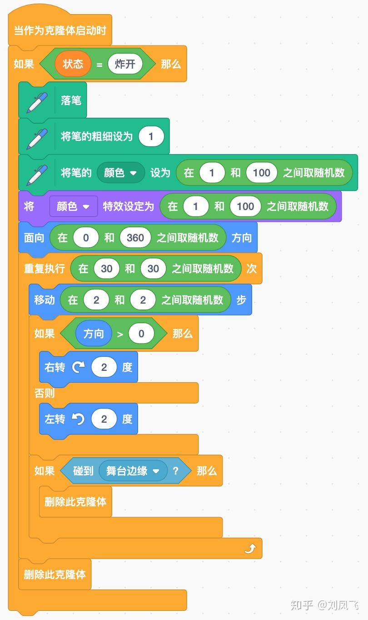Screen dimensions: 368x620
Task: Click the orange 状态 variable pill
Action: (73, 64)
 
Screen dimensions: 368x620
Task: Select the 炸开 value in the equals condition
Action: (125, 64)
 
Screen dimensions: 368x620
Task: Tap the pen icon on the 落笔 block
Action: (37, 100)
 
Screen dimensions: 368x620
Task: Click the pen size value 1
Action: (151, 136)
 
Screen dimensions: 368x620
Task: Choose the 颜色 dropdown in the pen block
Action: (120, 173)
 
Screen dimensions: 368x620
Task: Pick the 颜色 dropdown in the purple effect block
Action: (73, 206)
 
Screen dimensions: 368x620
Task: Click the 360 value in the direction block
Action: (135, 238)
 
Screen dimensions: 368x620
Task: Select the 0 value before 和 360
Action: (85, 238)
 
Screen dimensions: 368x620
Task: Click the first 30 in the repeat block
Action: (106, 269)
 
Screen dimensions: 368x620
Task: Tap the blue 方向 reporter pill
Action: (94, 334)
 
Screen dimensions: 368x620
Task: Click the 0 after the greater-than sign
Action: (141, 334)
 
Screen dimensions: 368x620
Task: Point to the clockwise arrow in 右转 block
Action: (78, 367)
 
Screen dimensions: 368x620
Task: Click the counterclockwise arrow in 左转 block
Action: (78, 419)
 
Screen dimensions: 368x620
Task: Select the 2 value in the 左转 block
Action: (104, 419)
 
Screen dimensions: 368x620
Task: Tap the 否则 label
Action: (45, 393)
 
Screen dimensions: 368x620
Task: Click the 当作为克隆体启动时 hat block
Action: (60, 31)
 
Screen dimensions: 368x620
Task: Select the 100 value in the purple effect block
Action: (245, 206)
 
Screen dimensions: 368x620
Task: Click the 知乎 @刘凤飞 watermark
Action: (324, 605)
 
